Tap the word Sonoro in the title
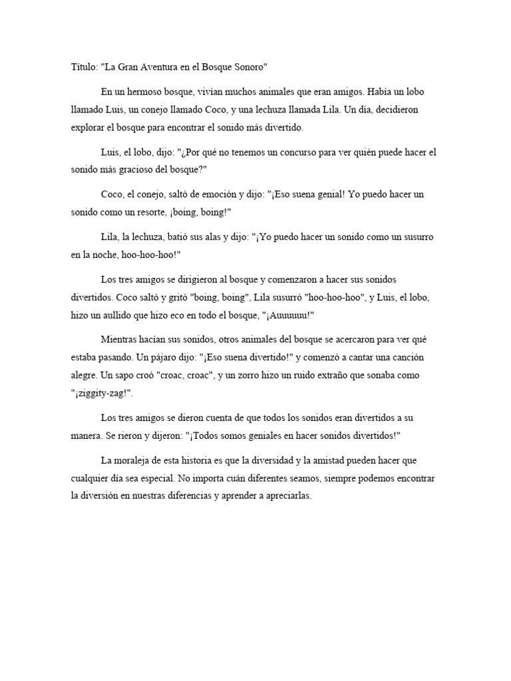[x=246, y=67]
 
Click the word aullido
[x=142, y=316]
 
